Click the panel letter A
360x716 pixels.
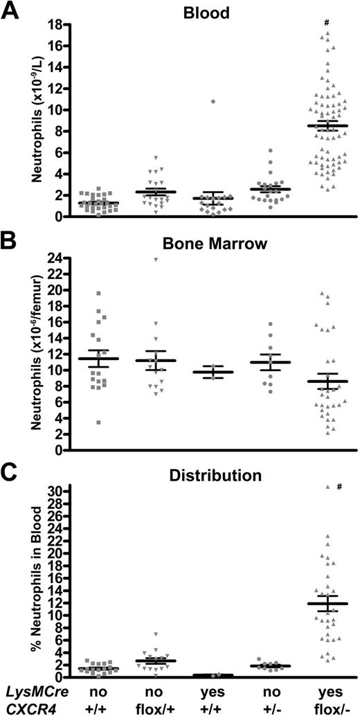[x=10, y=12]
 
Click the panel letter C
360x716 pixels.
[x=10, y=474]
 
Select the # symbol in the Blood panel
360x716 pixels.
[x=326, y=23]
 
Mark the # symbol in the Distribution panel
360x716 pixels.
[x=339, y=487]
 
